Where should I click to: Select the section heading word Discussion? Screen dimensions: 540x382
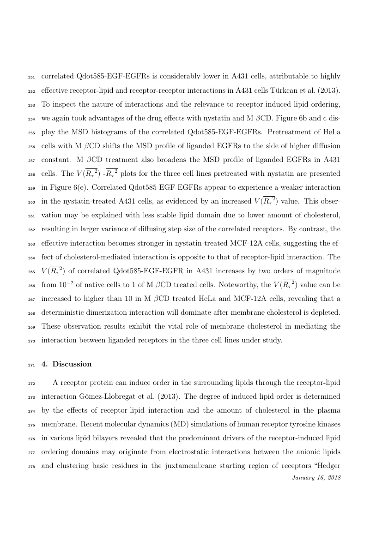coord(72,364)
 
